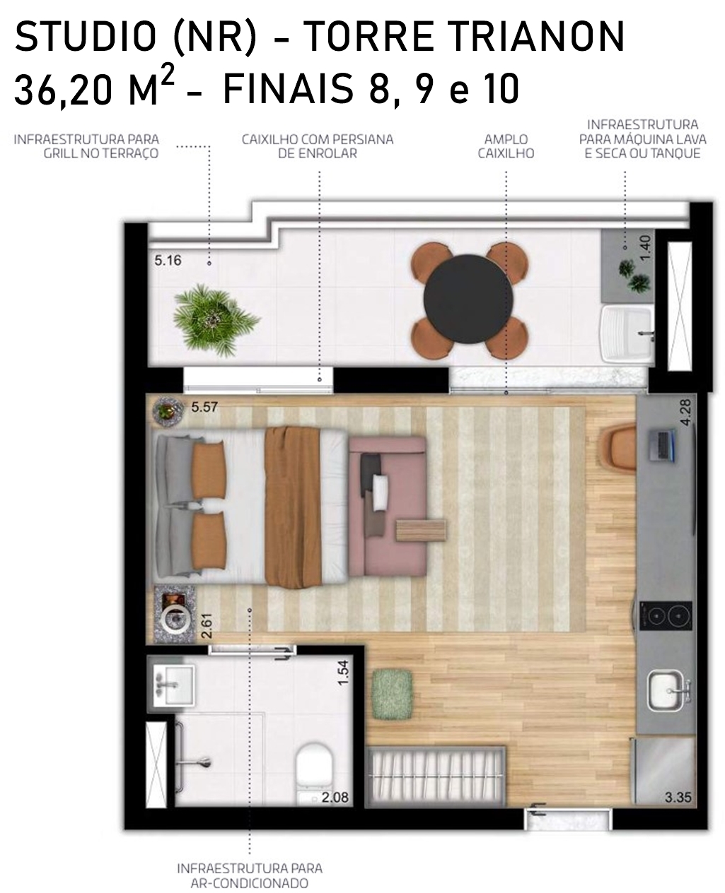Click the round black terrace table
pos(468,299)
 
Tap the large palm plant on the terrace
pos(215,320)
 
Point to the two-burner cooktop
pos(666,615)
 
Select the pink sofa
pos(388,506)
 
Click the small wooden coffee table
pos(421,531)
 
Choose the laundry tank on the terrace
pos(627,333)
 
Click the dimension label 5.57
pos(204,407)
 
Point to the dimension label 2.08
pos(335,797)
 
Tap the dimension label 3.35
pos(678,797)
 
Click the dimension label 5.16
pos(168,261)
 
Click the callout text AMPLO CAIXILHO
pos(506,146)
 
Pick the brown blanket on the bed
pos(293,507)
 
